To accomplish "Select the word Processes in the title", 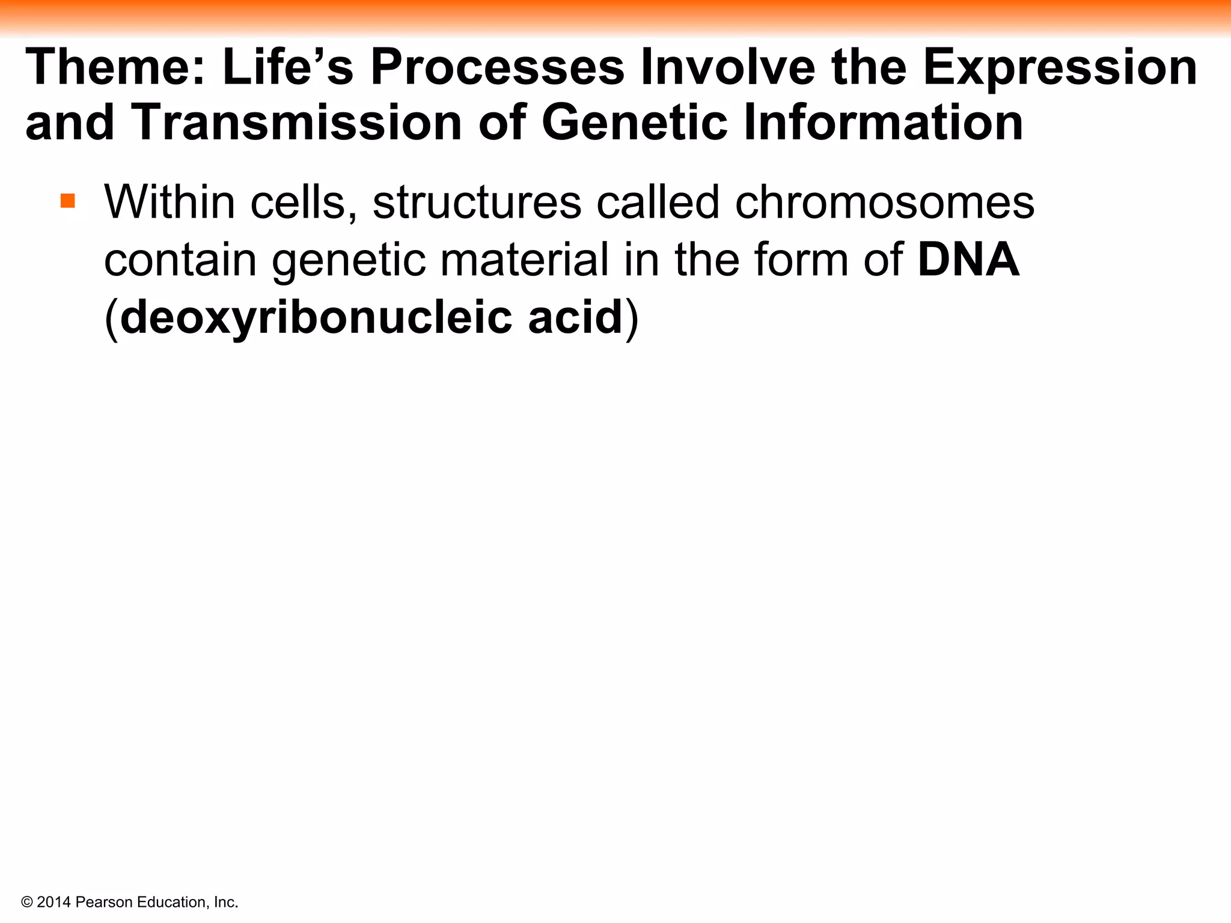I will pyautogui.click(x=497, y=68).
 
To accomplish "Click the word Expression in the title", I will pyautogui.click(x=1060, y=68).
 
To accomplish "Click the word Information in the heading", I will pyautogui.click(x=883, y=123).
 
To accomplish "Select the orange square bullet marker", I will pyautogui.click(x=68, y=200).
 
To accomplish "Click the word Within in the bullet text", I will pyautogui.click(x=170, y=203).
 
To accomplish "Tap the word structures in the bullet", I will pyautogui.click(x=477, y=203).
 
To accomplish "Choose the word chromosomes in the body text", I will pyautogui.click(x=884, y=203).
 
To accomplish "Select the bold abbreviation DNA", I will pyautogui.click(x=968, y=260).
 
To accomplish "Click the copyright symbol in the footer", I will pyautogui.click(x=27, y=902).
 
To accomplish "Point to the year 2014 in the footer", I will pyautogui.click(x=54, y=902).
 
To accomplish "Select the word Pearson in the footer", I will pyautogui.click(x=104, y=902).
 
